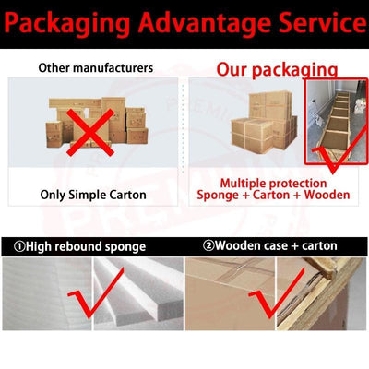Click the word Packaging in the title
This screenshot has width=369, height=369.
tap(67, 24)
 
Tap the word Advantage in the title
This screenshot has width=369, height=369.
tap(206, 23)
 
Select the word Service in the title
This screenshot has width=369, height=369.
tap(323, 22)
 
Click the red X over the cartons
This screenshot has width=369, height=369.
tap(90, 132)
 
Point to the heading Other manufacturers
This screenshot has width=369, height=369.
tap(96, 67)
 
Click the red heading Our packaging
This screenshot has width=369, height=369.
tap(277, 70)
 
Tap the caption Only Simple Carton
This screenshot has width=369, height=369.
tap(93, 195)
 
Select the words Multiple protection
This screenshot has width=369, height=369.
tap(273, 184)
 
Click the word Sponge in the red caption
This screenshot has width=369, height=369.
tap(218, 196)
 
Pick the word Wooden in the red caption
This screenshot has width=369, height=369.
tap(327, 195)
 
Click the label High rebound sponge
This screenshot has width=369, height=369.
tap(86, 246)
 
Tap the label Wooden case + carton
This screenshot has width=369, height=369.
tap(276, 245)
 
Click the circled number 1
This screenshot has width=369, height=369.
tap(19, 246)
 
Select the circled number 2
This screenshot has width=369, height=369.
tap(208, 245)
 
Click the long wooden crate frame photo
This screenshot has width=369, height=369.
tap(336, 122)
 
